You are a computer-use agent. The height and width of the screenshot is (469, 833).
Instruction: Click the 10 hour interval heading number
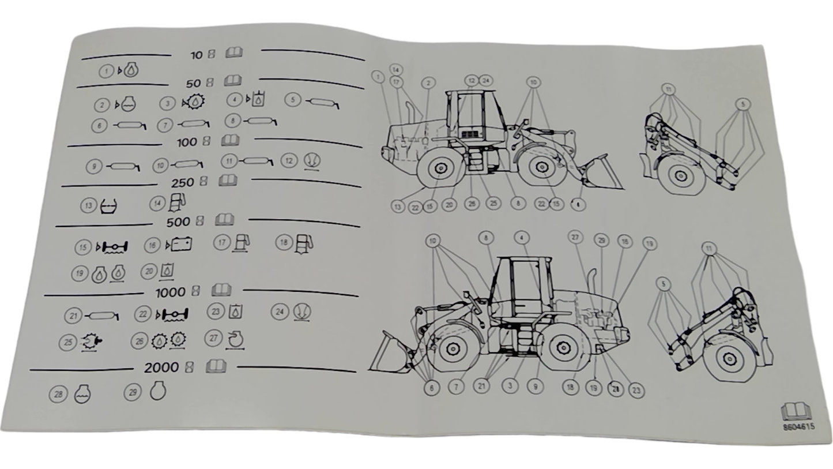point(197,55)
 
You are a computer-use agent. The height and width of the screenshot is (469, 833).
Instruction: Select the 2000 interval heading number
point(161,368)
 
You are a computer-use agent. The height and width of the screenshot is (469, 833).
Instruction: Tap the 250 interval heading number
point(182,183)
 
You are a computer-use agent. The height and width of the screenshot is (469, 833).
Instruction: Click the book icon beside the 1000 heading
point(221,290)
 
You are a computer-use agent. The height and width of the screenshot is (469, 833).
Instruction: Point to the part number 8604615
point(798,427)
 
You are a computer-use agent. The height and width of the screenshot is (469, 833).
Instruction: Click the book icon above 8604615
point(795,411)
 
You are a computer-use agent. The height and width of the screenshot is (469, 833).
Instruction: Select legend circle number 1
point(106,72)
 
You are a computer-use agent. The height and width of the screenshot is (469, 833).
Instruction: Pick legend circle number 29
point(133,392)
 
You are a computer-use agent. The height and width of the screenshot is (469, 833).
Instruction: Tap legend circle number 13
point(88,205)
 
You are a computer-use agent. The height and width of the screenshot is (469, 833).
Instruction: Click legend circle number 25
point(67,342)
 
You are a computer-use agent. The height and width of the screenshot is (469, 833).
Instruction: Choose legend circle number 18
point(283,242)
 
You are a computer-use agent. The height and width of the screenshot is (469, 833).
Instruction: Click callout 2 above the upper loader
point(428,83)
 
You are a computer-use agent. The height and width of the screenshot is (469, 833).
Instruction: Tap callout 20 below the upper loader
point(449,205)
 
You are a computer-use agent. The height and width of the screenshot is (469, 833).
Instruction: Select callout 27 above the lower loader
point(575,237)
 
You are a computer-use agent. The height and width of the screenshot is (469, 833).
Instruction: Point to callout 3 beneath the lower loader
point(510,385)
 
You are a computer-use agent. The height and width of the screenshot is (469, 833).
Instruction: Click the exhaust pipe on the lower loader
point(590,284)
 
